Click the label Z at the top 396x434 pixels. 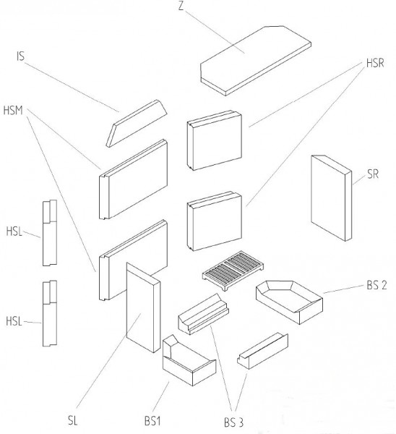coord(181,6)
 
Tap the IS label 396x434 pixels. coord(21,56)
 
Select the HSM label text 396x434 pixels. coord(13,111)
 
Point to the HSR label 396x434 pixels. coord(375,63)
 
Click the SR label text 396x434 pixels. coord(373,174)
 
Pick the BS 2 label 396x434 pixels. coord(376,285)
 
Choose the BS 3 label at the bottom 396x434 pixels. coord(233,422)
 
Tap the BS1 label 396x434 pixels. coord(152,421)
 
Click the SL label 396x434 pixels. coord(73,420)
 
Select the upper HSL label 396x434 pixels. coord(14,231)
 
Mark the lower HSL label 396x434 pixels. coord(14,321)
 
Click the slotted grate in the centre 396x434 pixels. coord(233,271)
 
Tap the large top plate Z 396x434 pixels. coord(256,61)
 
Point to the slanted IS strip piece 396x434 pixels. coord(137,123)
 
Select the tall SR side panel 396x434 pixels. coord(331,198)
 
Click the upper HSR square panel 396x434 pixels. coord(215,140)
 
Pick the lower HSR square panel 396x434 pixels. coord(215,221)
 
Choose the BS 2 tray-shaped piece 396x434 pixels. coord(289,302)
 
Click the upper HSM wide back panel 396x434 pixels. coord(133,179)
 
